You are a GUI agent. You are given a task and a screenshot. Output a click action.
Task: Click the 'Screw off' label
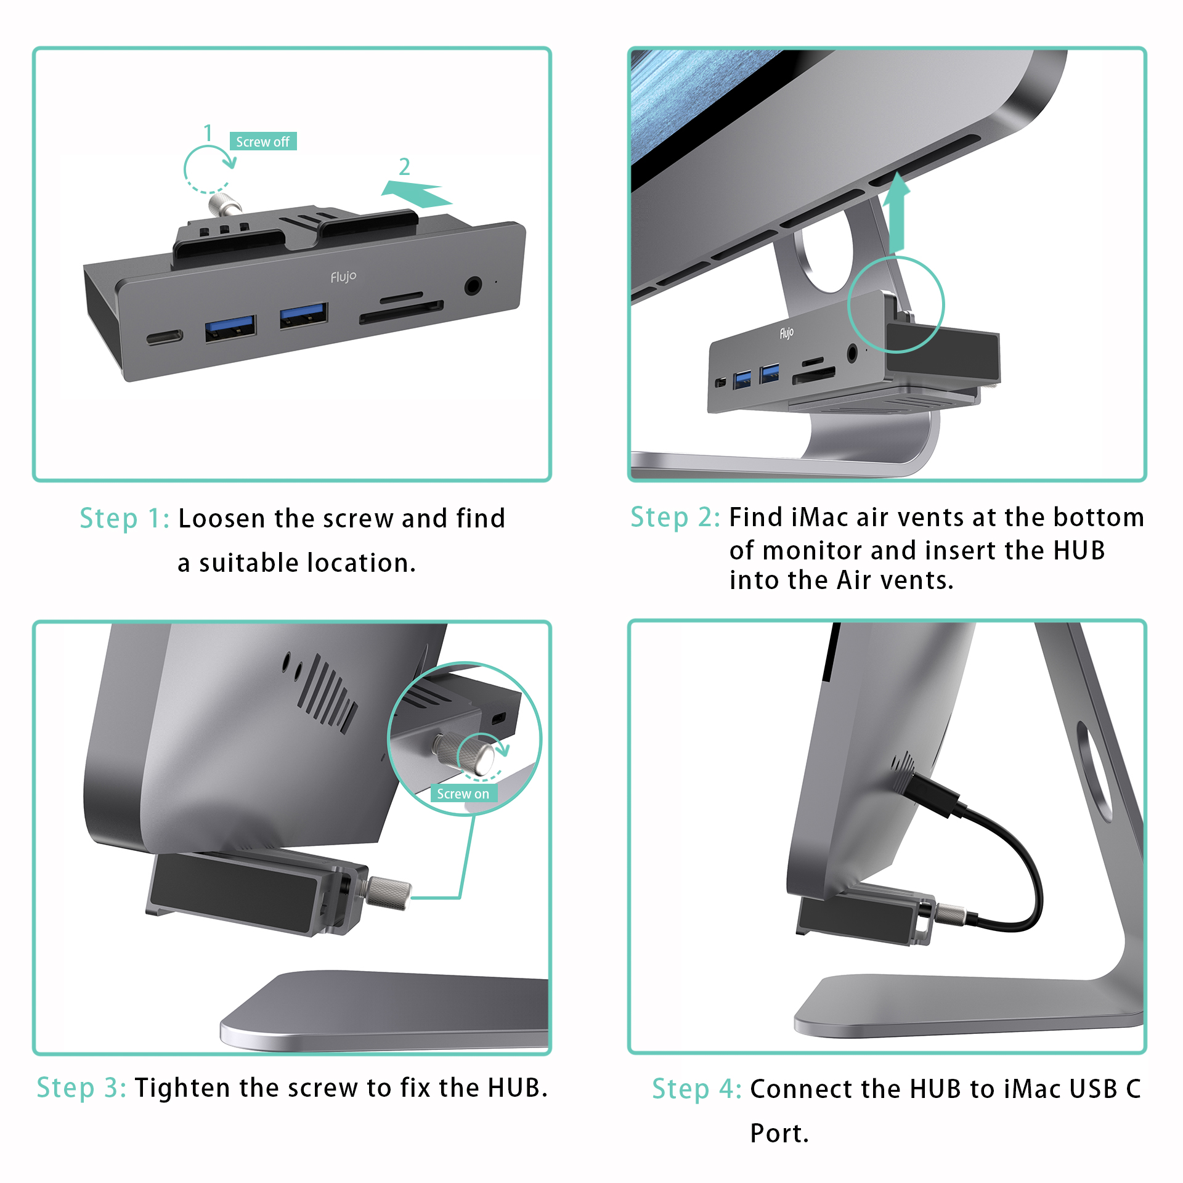[x=263, y=141]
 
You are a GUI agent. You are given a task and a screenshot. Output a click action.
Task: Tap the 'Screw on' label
[x=463, y=794]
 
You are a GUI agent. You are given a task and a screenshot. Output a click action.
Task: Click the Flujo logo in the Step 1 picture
[x=343, y=277]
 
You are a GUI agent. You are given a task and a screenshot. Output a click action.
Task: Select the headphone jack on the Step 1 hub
[x=473, y=286]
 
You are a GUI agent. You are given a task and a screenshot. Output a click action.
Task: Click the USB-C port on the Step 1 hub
[x=165, y=338]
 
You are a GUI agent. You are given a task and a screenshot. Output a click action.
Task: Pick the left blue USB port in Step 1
[x=230, y=327]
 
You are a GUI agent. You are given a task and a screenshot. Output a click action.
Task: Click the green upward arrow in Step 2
[x=896, y=213]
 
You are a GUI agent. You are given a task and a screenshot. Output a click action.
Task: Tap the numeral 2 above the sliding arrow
[x=404, y=166]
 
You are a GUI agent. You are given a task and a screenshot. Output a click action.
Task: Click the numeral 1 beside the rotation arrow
[x=208, y=132]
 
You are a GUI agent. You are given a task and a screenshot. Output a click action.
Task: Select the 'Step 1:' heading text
[x=124, y=519]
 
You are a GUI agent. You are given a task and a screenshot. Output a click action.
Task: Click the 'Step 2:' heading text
[x=675, y=518]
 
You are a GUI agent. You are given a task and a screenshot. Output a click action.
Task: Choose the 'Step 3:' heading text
[x=81, y=1088]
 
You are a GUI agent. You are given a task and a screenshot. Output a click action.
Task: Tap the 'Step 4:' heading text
[x=697, y=1089]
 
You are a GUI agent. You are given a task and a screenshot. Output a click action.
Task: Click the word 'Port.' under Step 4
[x=779, y=1134]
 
